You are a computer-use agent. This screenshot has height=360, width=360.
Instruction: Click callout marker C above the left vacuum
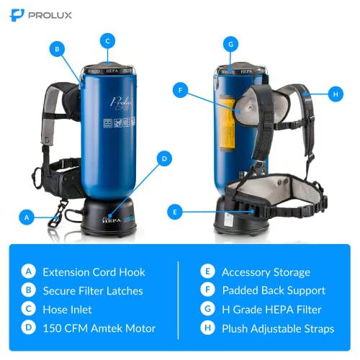tap(107, 41)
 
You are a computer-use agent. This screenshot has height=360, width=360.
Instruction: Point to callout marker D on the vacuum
tap(164, 158)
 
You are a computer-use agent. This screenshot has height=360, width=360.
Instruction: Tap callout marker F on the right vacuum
tap(181, 91)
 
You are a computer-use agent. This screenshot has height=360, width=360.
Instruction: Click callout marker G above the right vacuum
tap(230, 44)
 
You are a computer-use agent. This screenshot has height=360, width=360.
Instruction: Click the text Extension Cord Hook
tap(93, 272)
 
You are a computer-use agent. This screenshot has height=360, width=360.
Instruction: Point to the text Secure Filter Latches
tap(93, 291)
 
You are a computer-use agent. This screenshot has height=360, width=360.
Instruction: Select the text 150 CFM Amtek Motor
tap(98, 329)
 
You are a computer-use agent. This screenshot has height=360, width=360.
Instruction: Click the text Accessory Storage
tap(265, 272)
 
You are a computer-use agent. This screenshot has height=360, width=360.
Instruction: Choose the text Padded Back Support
tap(272, 291)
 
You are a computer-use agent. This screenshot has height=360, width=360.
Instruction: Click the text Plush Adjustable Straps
tap(278, 329)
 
